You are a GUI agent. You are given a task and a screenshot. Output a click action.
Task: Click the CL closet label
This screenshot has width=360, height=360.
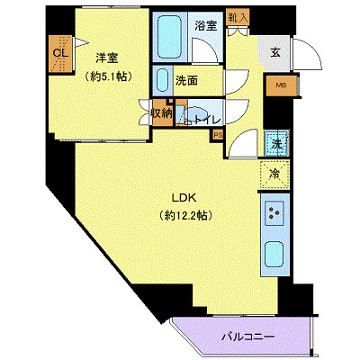tap(60, 51)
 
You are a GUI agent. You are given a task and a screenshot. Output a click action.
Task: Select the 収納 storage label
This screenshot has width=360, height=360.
tap(161, 113)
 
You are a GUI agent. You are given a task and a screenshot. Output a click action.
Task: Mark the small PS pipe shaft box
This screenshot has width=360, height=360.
tap(217, 136)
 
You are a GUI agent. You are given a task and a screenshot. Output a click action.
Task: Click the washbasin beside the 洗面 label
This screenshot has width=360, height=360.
tap(161, 79)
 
